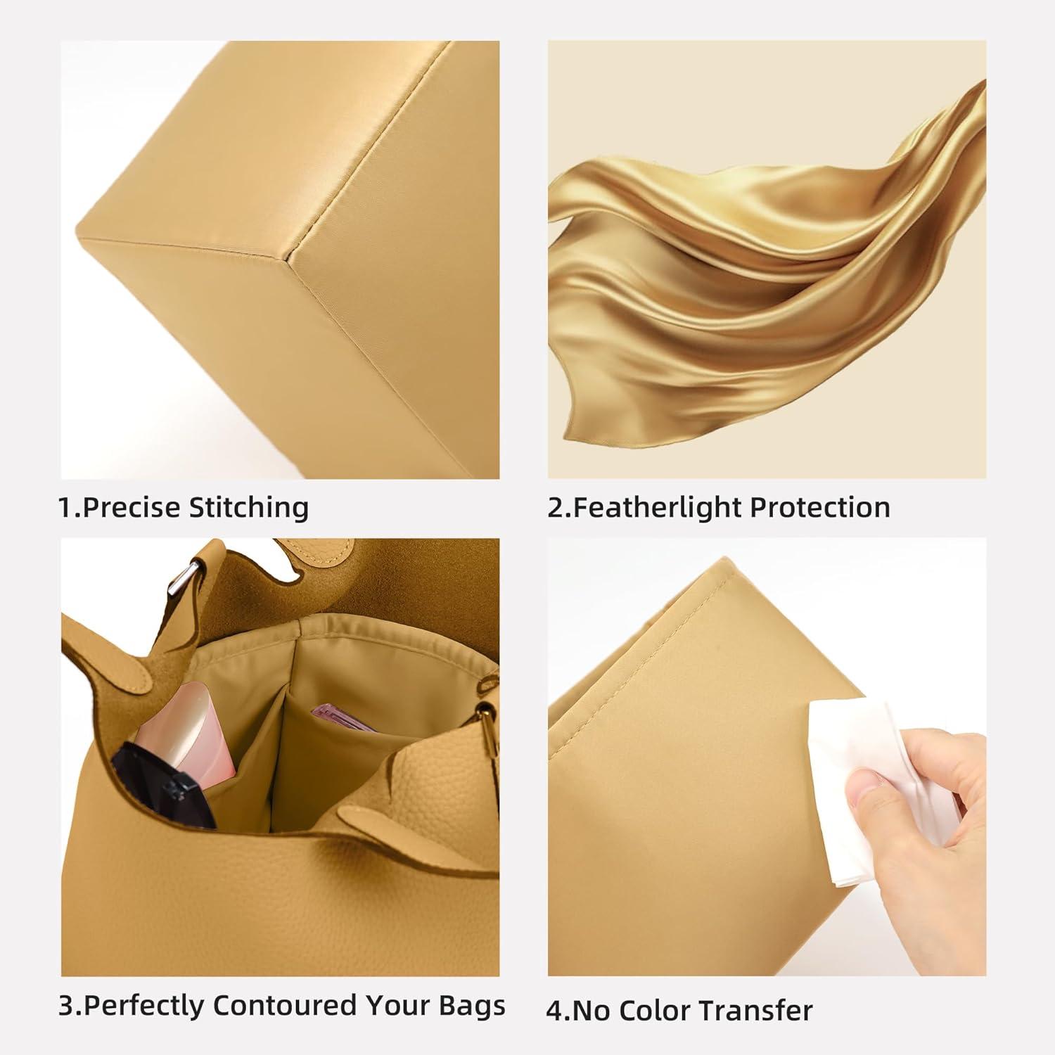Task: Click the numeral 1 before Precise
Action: (x=67, y=507)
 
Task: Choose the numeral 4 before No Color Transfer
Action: (x=555, y=1011)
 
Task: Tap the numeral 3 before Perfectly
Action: (x=66, y=1006)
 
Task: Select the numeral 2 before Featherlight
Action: (x=556, y=507)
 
